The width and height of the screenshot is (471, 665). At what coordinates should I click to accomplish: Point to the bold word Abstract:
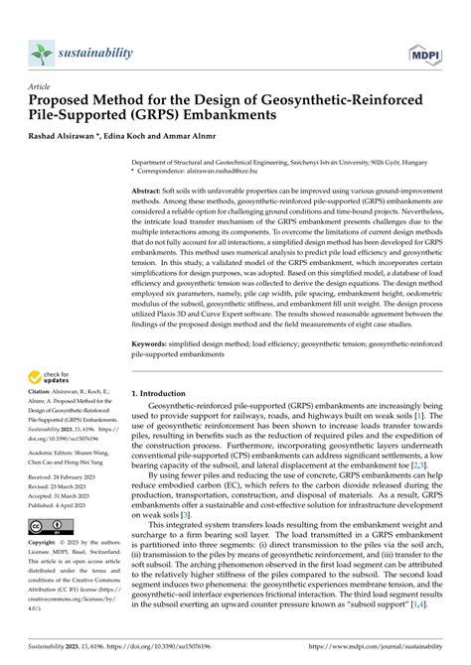152,189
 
